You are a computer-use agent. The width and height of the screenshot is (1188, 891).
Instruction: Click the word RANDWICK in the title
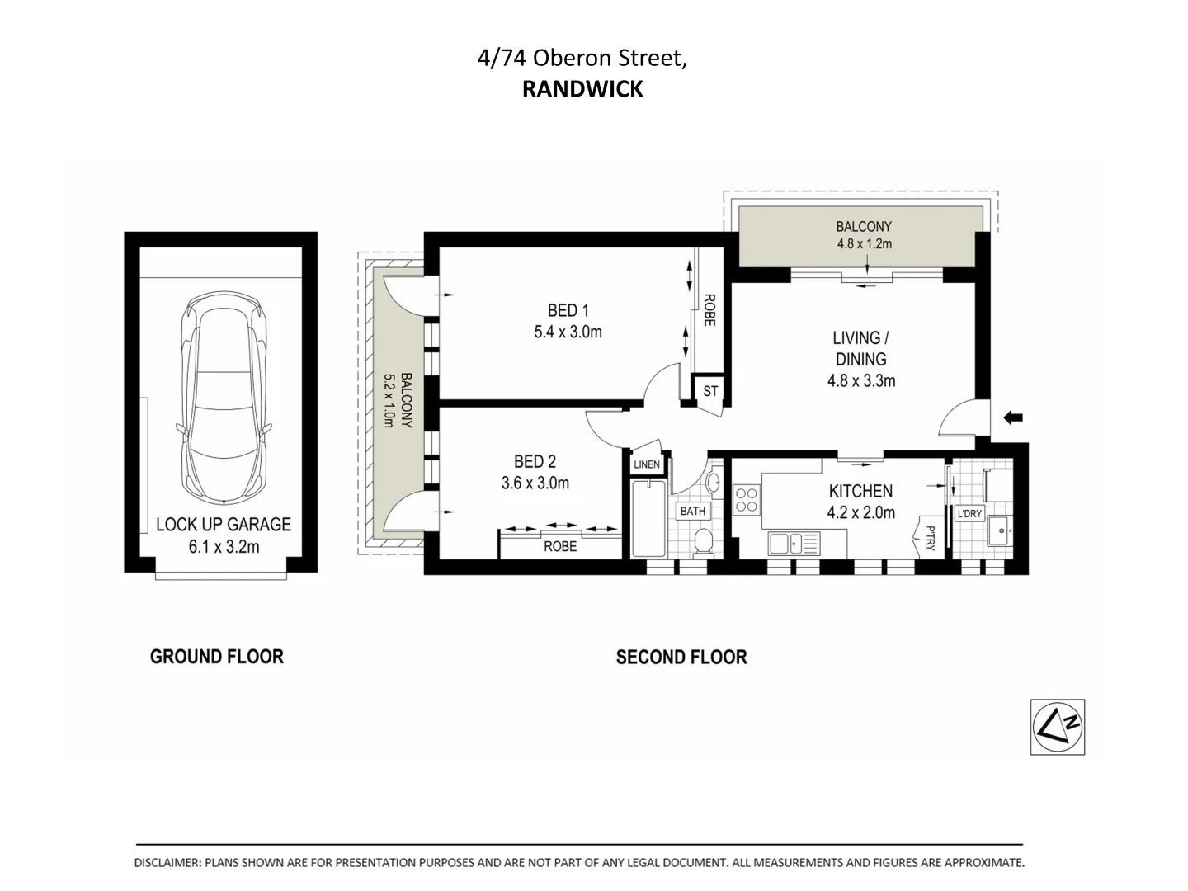click(582, 89)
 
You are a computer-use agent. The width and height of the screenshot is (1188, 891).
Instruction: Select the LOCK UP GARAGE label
click(224, 524)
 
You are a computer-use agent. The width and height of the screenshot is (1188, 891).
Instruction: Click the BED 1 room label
click(568, 311)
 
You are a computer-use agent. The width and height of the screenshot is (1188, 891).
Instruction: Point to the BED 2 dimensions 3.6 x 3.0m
click(535, 483)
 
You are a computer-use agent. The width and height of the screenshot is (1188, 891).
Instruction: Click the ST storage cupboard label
click(710, 391)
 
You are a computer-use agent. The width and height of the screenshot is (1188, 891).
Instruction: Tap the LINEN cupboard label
click(647, 464)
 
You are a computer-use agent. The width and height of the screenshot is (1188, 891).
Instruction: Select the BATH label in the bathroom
click(692, 511)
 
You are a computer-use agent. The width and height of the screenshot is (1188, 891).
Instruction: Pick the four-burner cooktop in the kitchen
click(747, 500)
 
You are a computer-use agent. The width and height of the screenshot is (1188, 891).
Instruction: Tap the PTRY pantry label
click(930, 538)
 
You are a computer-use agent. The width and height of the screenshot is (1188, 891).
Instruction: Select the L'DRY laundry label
click(969, 513)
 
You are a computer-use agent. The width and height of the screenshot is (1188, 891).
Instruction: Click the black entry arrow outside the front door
click(1012, 418)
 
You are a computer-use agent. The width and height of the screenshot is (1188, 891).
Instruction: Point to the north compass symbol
click(1057, 727)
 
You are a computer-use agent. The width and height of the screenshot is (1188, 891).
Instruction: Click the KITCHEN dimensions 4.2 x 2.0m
click(861, 512)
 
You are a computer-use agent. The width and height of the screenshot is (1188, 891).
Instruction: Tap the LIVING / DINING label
click(860, 348)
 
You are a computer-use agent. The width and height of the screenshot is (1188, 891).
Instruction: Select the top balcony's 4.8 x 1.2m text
click(864, 244)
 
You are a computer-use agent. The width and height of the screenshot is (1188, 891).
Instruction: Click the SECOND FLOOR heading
click(681, 658)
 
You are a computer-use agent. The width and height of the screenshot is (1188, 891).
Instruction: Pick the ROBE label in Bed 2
click(560, 546)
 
